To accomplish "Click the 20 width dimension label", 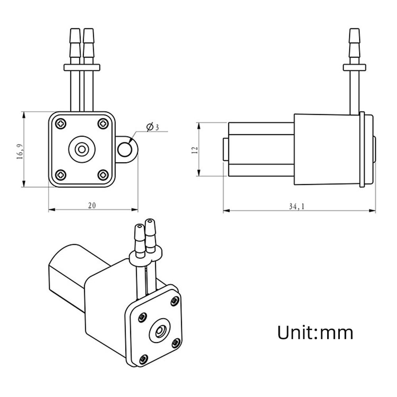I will point(92,205).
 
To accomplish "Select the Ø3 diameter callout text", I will point(152,127).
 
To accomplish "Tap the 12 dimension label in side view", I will point(194,150).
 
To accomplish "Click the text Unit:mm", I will point(315,332).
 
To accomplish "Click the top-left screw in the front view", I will point(61,123).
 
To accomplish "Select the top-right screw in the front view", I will point(103,123).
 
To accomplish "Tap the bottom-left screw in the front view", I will point(61,174).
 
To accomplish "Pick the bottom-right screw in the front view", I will point(103,174).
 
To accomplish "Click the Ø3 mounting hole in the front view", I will point(126,149).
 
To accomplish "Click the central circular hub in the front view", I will point(82,149).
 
